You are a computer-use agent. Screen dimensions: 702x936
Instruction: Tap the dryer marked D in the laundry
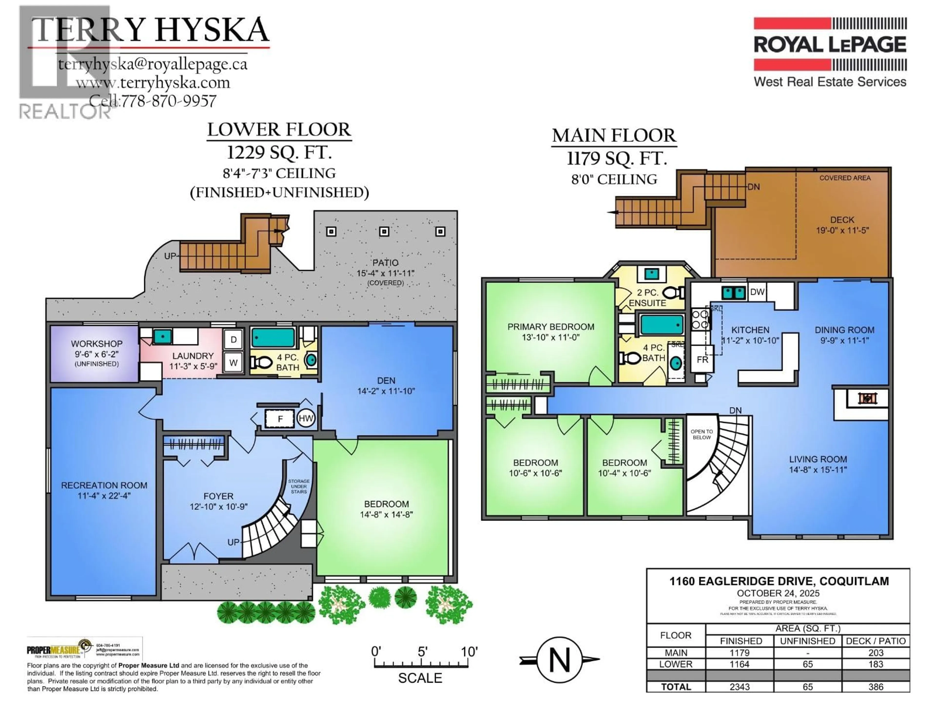pos(234,339)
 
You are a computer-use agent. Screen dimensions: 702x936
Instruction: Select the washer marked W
pos(234,363)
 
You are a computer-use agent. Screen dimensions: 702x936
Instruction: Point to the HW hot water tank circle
pos(306,419)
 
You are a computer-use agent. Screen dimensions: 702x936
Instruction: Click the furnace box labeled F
pos(280,419)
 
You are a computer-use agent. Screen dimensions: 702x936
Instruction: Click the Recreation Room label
pos(104,485)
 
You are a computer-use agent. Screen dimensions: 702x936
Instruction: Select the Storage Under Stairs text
pos(299,486)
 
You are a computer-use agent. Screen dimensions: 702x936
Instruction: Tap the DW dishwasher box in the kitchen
pos(757,292)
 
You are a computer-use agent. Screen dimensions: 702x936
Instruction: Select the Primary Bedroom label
pos(551,327)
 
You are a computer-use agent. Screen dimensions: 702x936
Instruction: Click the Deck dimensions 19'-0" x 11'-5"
pos(842,230)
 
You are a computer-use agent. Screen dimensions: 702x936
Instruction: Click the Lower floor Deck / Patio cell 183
pos(876,664)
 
